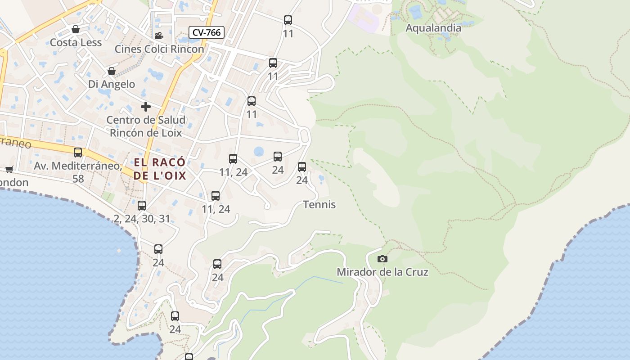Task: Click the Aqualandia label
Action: [433, 28]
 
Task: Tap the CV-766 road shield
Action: [207, 32]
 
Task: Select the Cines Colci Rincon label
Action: [159, 49]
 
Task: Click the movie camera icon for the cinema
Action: [159, 36]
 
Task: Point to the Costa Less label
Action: [76, 42]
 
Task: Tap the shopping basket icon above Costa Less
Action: [76, 30]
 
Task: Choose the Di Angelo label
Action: [111, 84]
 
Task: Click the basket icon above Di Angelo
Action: [111, 72]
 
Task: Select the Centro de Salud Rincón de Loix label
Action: [146, 126]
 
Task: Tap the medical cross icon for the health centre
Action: [146, 107]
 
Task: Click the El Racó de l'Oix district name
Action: [160, 169]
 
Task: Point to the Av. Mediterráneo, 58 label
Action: [78, 172]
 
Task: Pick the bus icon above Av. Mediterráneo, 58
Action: [78, 153]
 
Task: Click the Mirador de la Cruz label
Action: [382, 272]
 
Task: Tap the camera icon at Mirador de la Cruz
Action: [382, 259]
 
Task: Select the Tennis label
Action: [319, 205]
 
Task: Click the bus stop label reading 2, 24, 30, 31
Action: [142, 219]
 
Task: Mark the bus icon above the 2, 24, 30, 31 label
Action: [142, 206]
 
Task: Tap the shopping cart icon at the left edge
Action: [9, 169]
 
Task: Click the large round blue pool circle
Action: [259, 152]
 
